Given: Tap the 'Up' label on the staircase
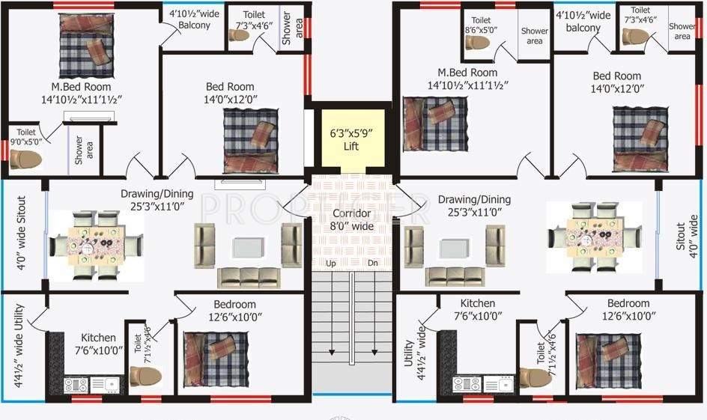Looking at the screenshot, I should pos(331,264).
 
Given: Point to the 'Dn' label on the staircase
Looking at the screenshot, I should pos(373,264).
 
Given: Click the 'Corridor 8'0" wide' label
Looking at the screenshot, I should pos(351,219).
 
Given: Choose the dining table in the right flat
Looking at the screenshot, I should pos(595,237).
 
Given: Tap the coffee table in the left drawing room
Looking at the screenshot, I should pos(247,248).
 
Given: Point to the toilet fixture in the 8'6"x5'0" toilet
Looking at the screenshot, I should pos(478,42).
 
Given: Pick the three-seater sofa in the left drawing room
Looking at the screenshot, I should pos(247,277).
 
